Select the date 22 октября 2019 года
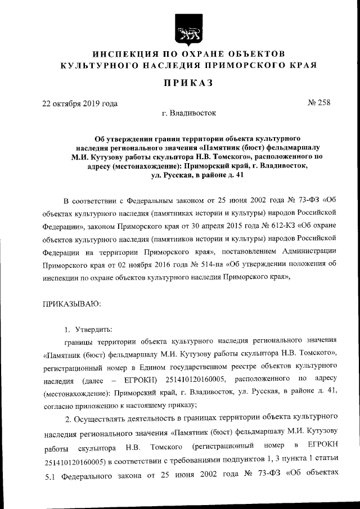(80, 103)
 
